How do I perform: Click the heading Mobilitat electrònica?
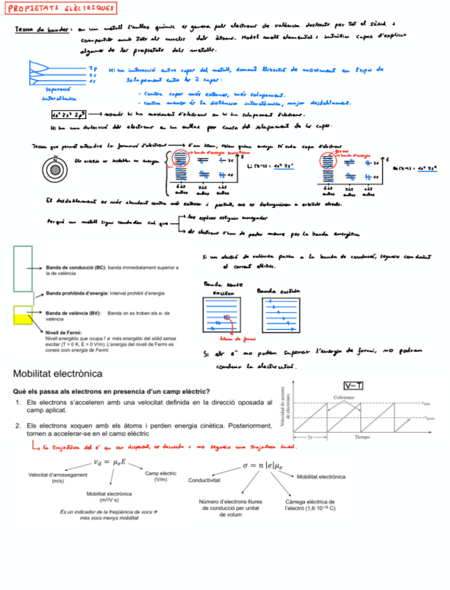[x=58, y=374]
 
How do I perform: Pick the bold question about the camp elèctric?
[x=111, y=392]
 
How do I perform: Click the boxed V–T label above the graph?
[x=352, y=385]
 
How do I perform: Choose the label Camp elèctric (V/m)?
[x=160, y=476]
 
